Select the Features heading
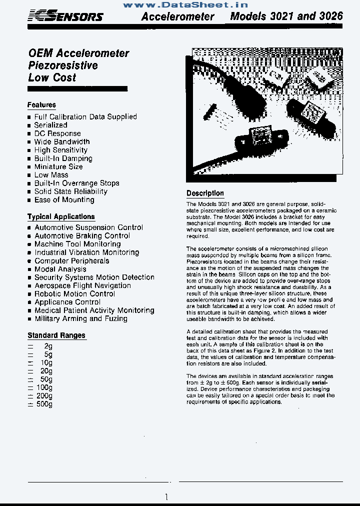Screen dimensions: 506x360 (41, 105)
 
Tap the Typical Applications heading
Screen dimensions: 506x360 (61, 216)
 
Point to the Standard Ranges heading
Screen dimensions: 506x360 (56, 335)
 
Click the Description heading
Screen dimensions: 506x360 (205, 193)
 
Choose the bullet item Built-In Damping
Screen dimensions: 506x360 (63, 158)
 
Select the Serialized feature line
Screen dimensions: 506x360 (50, 125)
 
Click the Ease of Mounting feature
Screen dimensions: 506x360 (64, 200)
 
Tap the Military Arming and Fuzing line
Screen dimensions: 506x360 (80, 318)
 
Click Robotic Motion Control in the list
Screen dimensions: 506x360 (74, 294)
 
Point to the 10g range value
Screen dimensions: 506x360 (45, 362)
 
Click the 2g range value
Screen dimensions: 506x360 (47, 346)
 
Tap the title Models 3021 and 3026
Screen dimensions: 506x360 (286, 16)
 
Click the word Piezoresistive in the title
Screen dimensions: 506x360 (63, 65)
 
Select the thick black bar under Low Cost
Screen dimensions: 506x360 (77, 89)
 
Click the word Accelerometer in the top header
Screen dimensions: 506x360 (177, 16)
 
